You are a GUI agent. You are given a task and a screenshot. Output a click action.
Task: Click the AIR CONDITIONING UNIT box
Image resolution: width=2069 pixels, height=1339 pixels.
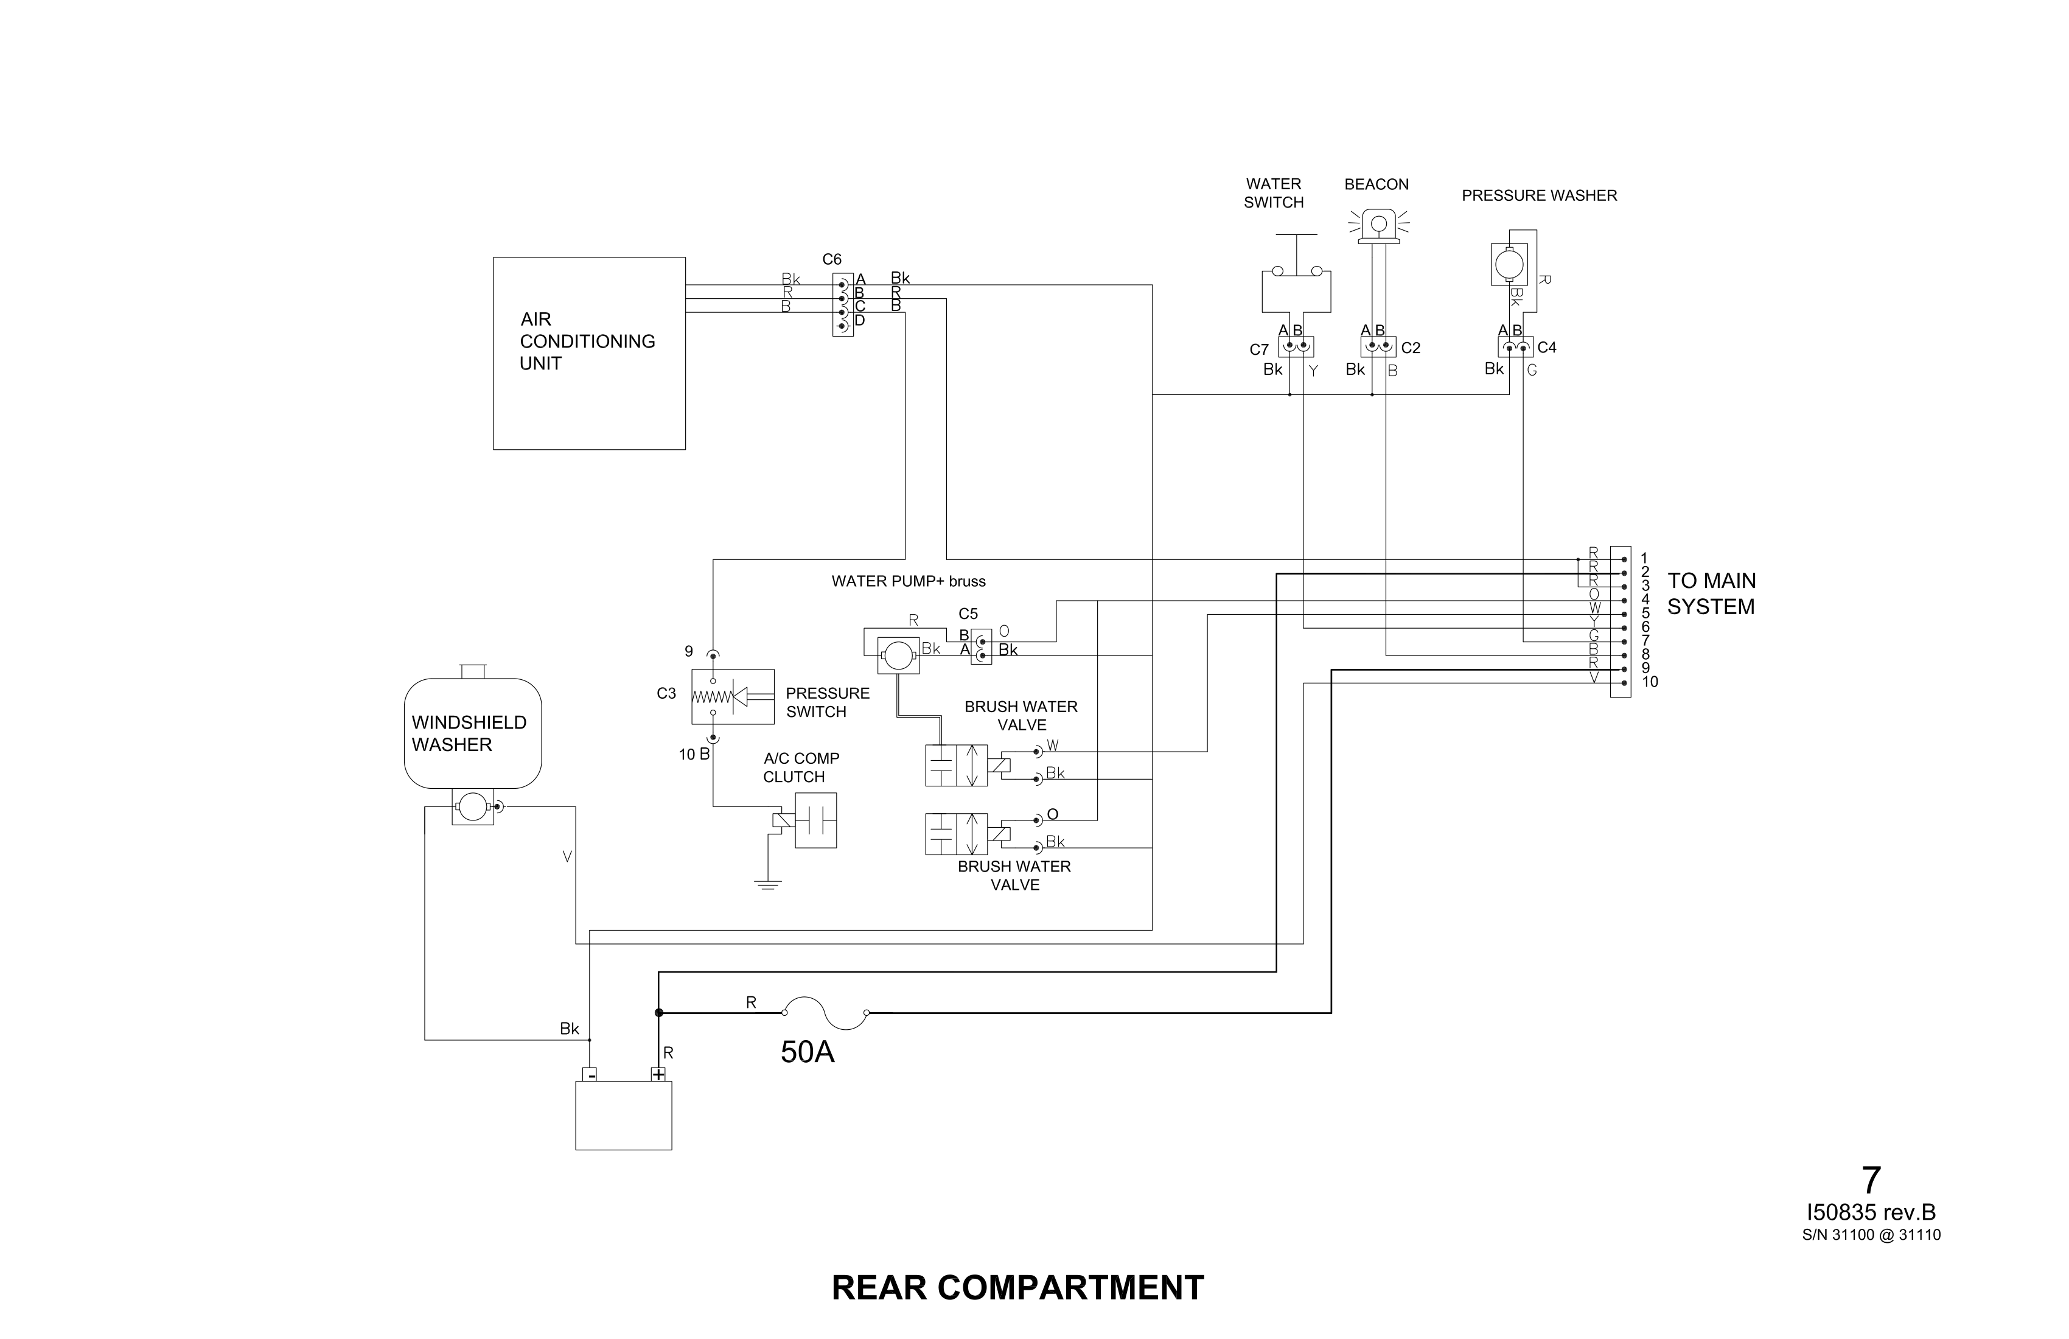tap(588, 353)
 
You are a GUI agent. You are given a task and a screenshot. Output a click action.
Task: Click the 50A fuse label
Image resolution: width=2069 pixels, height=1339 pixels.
tap(807, 1053)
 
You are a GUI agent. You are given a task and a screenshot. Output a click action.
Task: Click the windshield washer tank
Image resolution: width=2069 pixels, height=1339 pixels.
tap(472, 733)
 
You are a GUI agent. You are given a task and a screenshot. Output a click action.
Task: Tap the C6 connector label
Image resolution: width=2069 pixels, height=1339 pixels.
tap(831, 259)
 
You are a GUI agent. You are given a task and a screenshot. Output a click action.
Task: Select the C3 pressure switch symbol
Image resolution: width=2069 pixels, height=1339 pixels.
tap(732, 696)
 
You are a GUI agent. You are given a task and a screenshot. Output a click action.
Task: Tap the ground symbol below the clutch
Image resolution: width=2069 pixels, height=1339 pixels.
tap(767, 885)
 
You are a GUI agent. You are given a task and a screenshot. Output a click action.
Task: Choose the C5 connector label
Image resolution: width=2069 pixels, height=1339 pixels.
tap(968, 614)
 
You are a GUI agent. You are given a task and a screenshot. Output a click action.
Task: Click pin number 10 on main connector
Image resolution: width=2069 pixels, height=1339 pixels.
tap(1649, 682)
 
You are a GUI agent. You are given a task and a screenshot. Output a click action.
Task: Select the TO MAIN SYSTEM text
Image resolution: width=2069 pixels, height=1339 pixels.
tap(1711, 594)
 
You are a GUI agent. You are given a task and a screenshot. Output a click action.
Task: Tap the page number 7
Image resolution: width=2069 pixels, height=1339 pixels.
tap(1871, 1181)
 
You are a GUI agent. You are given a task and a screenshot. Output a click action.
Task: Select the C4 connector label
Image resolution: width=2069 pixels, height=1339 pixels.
tap(1546, 348)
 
